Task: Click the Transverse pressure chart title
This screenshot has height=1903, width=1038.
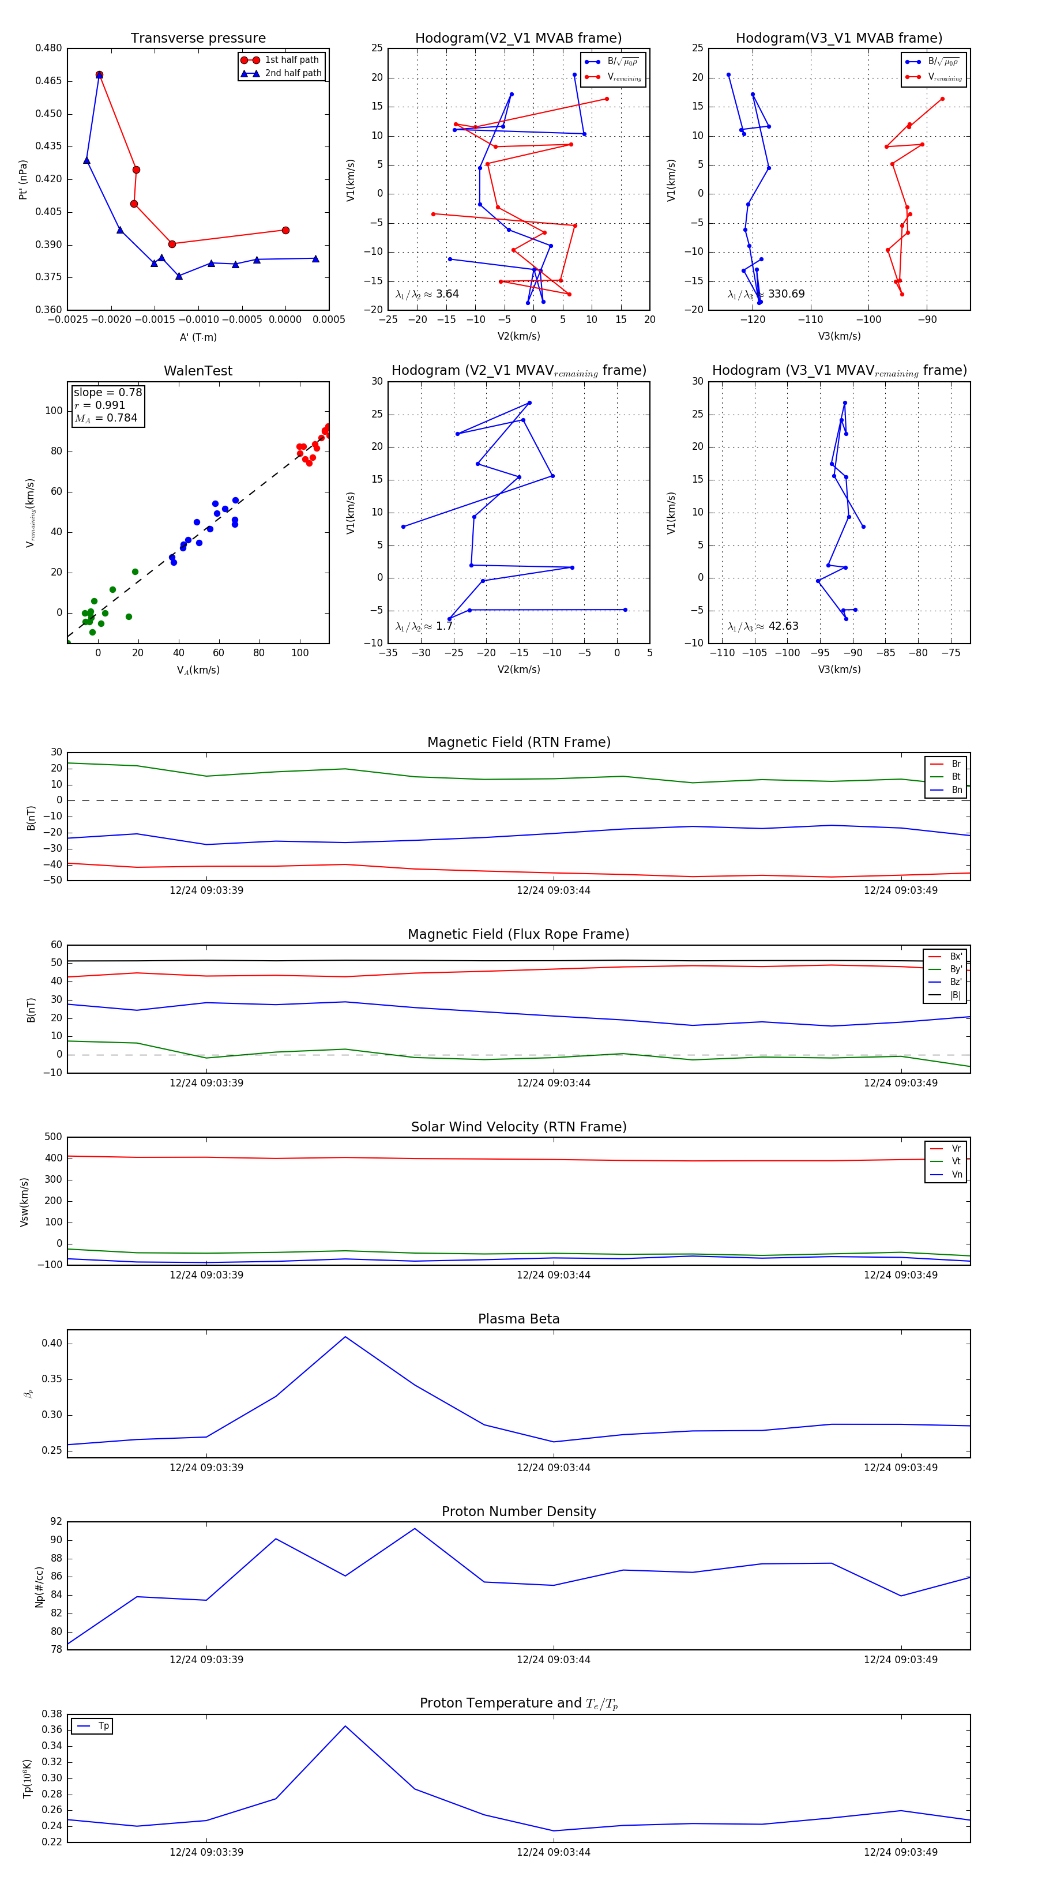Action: point(198,39)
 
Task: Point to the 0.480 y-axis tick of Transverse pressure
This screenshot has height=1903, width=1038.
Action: point(49,48)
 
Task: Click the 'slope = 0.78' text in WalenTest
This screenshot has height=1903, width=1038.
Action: point(107,392)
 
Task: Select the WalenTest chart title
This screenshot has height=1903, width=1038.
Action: point(198,371)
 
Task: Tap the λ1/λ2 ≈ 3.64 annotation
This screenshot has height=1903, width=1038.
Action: point(427,294)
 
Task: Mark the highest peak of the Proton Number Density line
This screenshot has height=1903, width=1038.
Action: point(415,1529)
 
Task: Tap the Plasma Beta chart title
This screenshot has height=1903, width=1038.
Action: point(518,1319)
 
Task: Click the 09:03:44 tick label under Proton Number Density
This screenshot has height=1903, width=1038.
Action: point(554,1659)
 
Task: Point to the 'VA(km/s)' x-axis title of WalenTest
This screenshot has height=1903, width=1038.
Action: point(198,670)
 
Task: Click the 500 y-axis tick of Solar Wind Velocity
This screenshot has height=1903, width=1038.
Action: point(53,1137)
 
